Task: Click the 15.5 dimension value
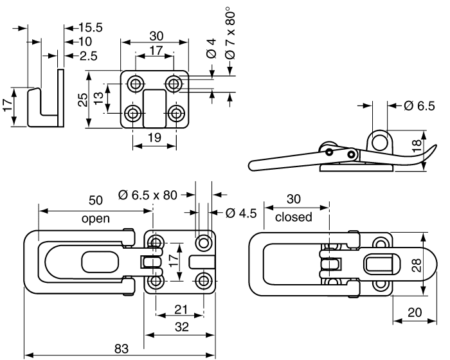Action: click(90, 28)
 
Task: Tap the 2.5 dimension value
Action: click(89, 56)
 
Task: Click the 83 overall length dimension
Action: click(122, 349)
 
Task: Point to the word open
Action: click(96, 219)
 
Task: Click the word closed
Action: click(293, 217)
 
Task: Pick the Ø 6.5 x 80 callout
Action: click(147, 195)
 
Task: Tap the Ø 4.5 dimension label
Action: click(241, 213)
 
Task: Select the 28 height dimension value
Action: click(417, 265)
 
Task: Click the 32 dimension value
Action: click(182, 327)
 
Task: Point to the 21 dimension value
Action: click(181, 310)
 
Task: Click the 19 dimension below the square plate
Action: click(155, 138)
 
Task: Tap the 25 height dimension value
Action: click(83, 100)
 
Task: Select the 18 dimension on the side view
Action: click(417, 145)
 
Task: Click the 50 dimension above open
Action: click(96, 200)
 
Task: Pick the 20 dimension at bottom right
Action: click(415, 312)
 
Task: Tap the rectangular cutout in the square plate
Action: click(154, 108)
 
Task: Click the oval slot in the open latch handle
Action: click(100, 262)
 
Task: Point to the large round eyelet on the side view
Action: click(380, 140)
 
